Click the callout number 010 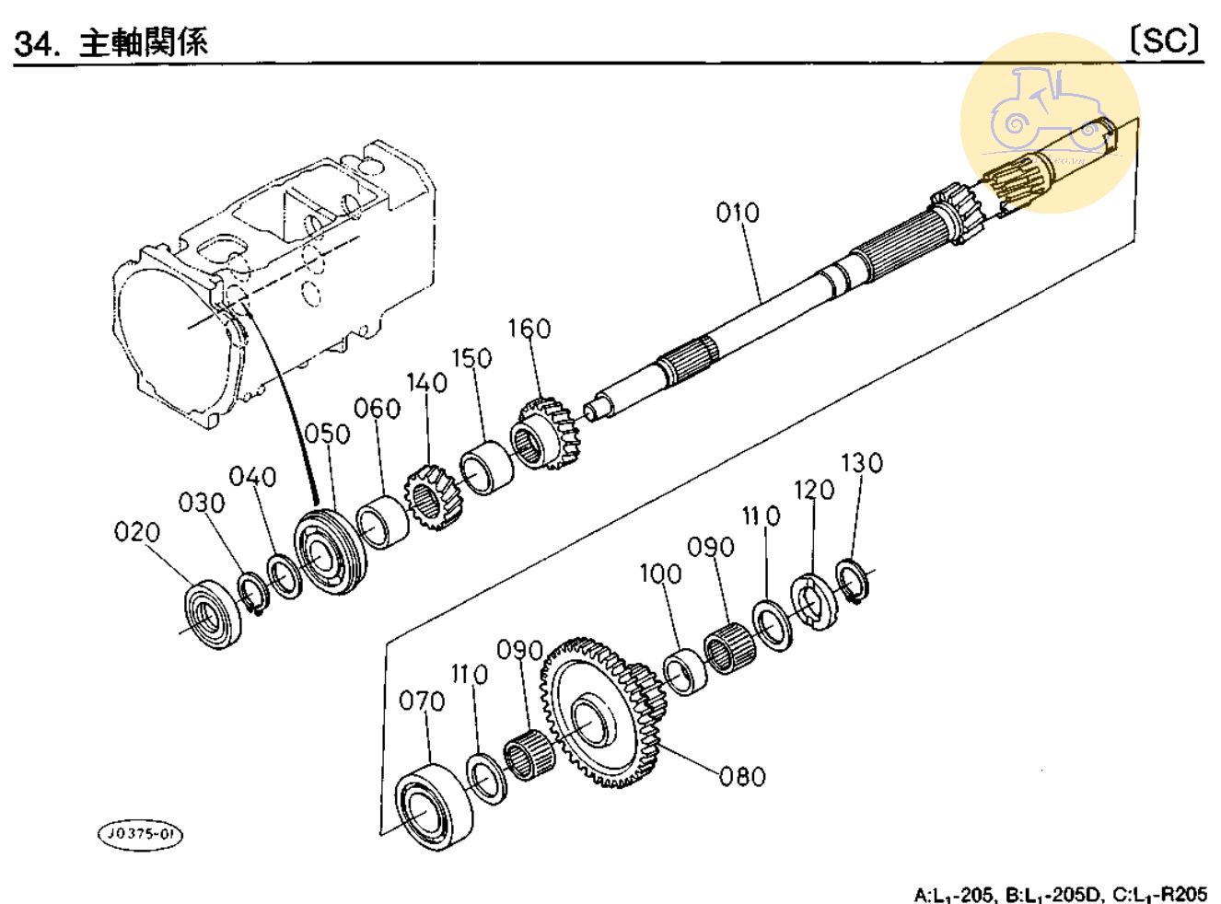[x=738, y=213]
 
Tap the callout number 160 [x=529, y=329]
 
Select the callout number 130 [x=861, y=462]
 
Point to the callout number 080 [x=742, y=777]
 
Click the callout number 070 [x=422, y=701]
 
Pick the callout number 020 [x=136, y=532]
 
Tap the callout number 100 [x=660, y=574]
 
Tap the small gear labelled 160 [x=545, y=433]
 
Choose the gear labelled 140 [x=432, y=498]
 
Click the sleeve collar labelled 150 [x=487, y=469]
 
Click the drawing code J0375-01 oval [x=140, y=834]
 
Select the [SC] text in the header [x=1165, y=41]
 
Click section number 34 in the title [x=35, y=43]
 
